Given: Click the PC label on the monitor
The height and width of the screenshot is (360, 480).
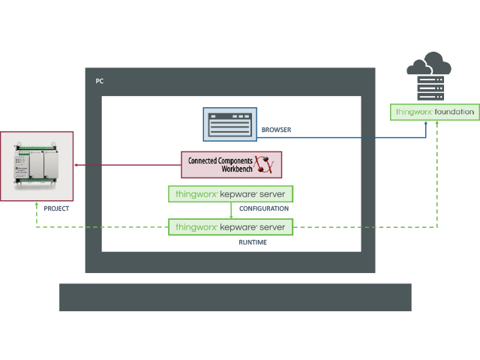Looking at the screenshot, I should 100,80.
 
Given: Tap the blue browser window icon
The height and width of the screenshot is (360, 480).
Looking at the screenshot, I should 229,124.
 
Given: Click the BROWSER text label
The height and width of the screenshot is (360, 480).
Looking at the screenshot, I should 276,130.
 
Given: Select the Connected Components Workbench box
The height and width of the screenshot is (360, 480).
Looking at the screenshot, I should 232,164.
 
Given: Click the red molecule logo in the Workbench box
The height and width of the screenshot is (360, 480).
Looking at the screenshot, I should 263,164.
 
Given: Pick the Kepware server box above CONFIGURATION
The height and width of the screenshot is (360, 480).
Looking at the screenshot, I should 230,194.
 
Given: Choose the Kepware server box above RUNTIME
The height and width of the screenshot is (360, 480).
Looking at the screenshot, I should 230,226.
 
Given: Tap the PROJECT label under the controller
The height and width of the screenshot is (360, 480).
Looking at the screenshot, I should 57,208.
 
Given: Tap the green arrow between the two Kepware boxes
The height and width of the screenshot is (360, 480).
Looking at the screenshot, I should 230,211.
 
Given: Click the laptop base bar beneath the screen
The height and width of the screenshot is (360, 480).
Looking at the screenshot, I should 235,297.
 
